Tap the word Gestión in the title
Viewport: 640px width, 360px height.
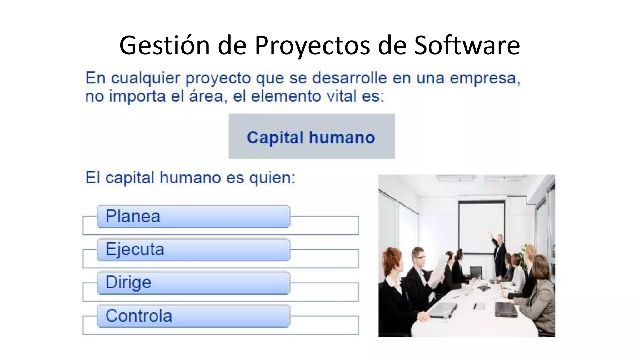(x=164, y=45)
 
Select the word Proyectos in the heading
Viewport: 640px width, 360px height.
(x=312, y=45)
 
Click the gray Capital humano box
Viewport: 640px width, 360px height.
(x=312, y=137)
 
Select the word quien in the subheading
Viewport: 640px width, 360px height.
(x=272, y=178)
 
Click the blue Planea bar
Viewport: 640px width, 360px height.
(x=193, y=217)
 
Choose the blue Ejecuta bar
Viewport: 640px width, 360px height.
(x=193, y=250)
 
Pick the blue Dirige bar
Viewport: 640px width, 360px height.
(x=193, y=283)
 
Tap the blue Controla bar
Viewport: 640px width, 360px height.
(x=193, y=316)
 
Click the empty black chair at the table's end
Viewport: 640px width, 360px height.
(x=476, y=272)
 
